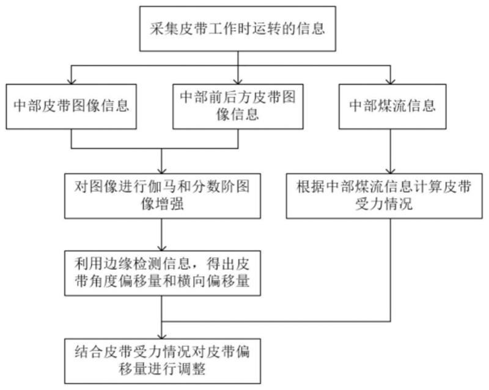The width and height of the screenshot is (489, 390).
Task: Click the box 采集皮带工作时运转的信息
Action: [238, 28]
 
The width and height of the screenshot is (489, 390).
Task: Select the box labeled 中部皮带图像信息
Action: [72, 106]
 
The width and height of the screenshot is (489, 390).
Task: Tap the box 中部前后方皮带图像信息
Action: [238, 106]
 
